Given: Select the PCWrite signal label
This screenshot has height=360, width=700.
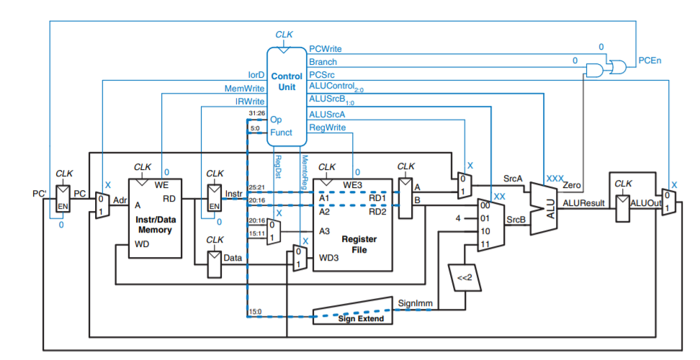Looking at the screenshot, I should pos(325,48).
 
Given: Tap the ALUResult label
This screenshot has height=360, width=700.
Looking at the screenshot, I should pos(583,204).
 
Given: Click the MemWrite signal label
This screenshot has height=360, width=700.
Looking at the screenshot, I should pos(245,89).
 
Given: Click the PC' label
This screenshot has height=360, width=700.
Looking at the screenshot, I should pos(40,193).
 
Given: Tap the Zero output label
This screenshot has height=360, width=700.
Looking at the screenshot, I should pos(573,186).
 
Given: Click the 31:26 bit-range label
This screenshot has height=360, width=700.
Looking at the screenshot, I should pos(256,114).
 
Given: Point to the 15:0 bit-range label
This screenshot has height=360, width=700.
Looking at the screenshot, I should pos(255,311).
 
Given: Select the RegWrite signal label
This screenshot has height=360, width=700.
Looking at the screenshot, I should pos(327,127).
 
